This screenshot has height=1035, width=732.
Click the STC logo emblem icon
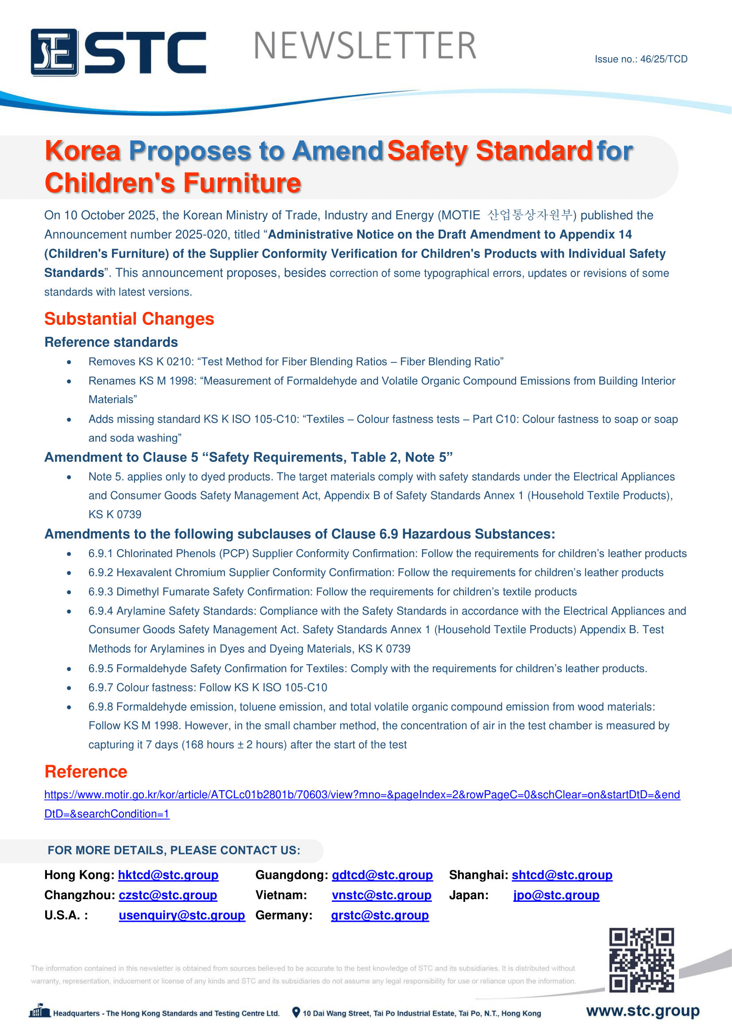point(54,52)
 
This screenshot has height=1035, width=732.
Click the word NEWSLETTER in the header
point(365,46)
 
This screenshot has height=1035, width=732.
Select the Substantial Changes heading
point(129,319)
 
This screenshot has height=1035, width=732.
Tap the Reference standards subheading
point(111,342)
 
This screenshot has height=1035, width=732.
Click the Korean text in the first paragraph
point(530,215)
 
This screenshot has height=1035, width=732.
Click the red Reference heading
point(86,772)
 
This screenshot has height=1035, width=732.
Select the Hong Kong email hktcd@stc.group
point(168,875)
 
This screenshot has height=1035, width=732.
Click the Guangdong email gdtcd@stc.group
point(382,875)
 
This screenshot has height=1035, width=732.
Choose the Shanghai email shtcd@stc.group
point(562,875)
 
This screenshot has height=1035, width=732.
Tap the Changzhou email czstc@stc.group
point(168,895)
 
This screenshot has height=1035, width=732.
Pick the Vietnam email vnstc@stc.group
point(381,895)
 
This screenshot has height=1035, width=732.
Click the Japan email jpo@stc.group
point(556,895)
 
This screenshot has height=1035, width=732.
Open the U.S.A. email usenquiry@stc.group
point(181,916)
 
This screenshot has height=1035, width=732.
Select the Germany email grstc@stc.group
point(380,916)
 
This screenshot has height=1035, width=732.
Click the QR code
point(641,960)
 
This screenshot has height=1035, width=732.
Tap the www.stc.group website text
point(642,1011)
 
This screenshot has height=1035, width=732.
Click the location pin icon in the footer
point(296,1012)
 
